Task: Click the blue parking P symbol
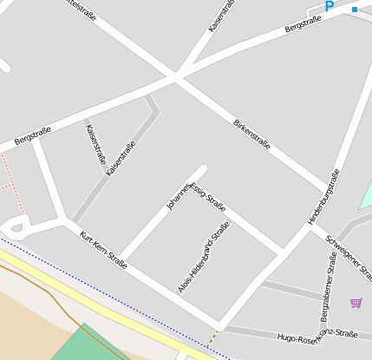(329, 6)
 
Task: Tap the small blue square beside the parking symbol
(354, 10)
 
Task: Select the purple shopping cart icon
(356, 303)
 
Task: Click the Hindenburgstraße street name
(323, 197)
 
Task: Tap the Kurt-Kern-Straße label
(103, 251)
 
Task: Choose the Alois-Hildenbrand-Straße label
(204, 258)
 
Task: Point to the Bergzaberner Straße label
(326, 285)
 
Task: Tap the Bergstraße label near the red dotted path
(32, 135)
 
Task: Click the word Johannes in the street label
(179, 198)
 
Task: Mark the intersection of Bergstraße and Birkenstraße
(175, 78)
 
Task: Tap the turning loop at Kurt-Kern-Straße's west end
(16, 228)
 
